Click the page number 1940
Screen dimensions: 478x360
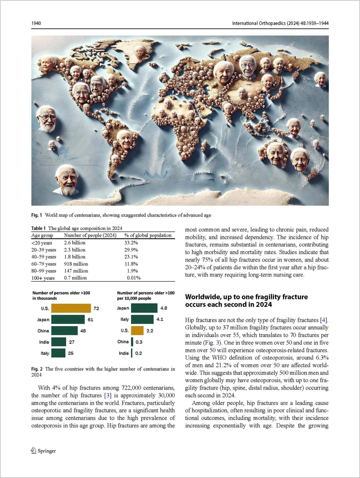pyautogui.click(x=36, y=23)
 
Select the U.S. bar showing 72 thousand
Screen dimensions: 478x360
pyautogui.click(x=71, y=308)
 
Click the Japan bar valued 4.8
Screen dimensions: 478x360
pyautogui.click(x=144, y=308)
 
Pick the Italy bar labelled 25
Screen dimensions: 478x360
pyautogui.click(x=58, y=353)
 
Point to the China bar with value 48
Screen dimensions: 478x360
pyautogui.click(x=64, y=331)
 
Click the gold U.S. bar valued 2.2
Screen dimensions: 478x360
pyautogui.click(x=137, y=331)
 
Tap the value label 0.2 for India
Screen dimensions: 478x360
pyautogui.click(x=139, y=353)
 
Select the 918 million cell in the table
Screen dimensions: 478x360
pyautogui.click(x=76, y=264)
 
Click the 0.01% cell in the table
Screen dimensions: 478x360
pyautogui.click(x=134, y=278)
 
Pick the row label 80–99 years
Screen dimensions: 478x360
pyautogui.click(x=44, y=271)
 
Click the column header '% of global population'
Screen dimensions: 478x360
pyautogui.click(x=148, y=235)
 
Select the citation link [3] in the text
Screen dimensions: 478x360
pyautogui.click(x=108, y=395)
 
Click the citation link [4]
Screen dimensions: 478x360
pyautogui.click(x=323, y=320)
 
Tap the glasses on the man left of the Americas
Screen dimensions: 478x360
pyautogui.click(x=47, y=118)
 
